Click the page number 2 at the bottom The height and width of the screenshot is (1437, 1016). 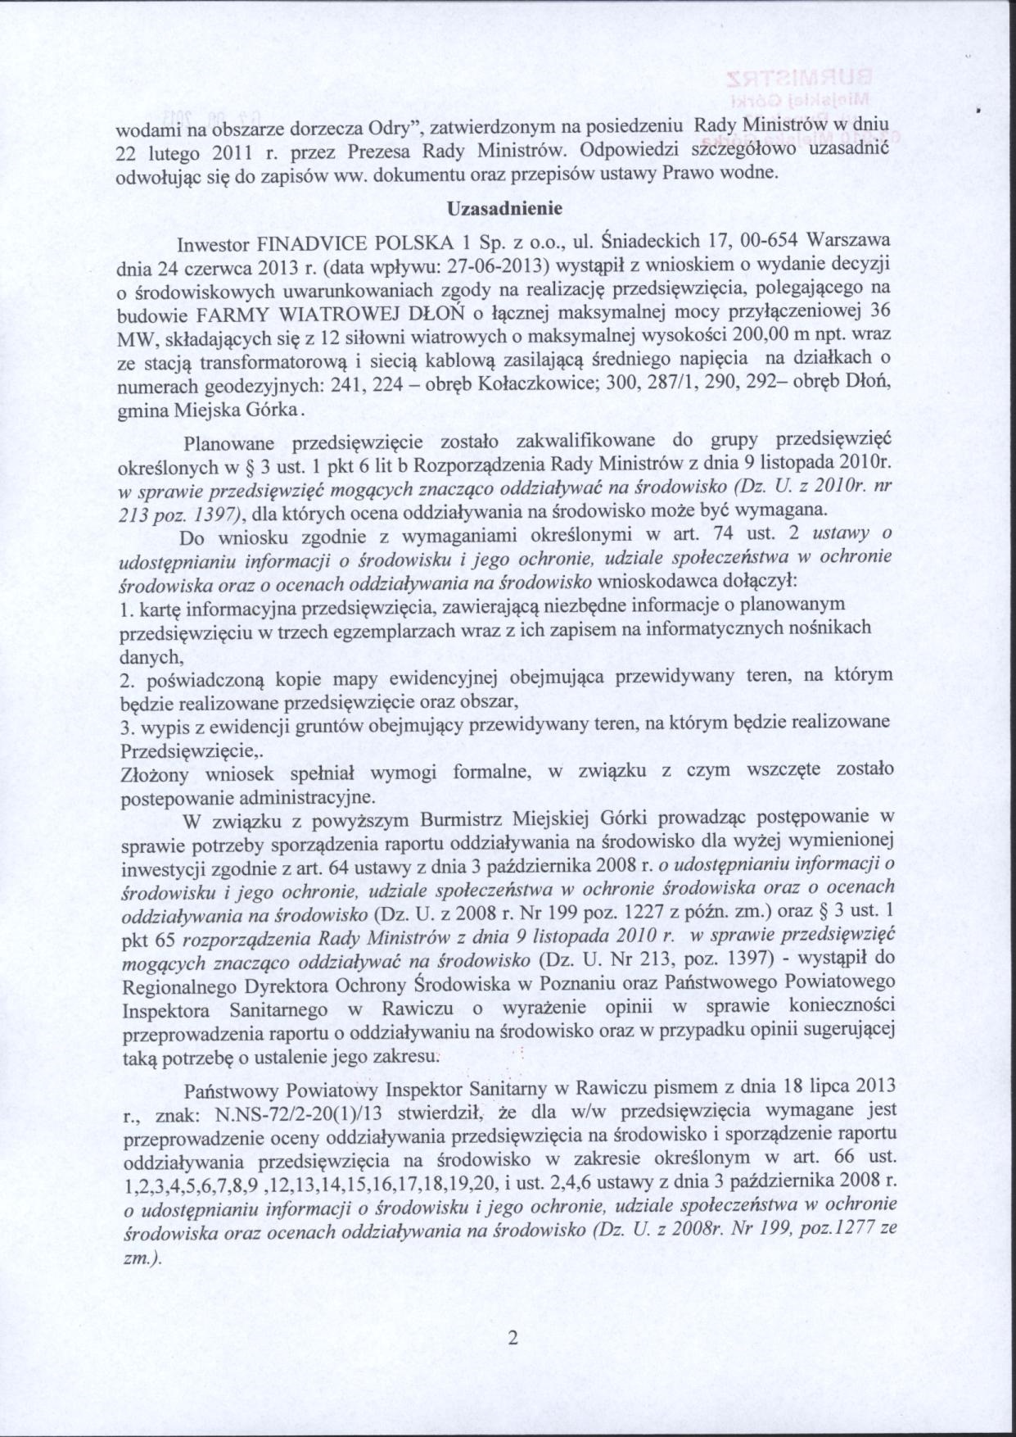513,1338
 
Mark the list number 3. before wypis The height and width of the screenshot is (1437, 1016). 126,729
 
